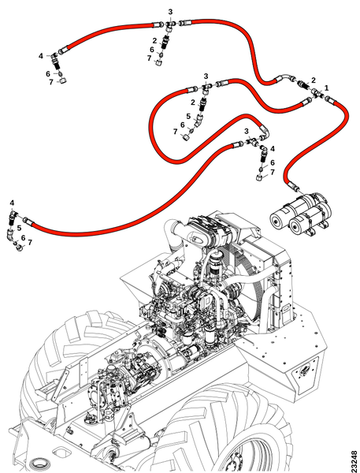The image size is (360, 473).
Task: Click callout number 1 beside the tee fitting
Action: coord(326,88)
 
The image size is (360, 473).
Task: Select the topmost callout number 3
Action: coord(170,12)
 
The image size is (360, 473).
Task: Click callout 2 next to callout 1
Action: coord(314,80)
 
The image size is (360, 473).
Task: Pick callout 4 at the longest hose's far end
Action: coord(12,203)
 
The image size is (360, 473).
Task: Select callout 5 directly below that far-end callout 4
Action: coord(19,228)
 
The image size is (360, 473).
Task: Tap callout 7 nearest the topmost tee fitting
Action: coord(149,58)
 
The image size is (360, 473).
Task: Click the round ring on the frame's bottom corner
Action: coord(39,464)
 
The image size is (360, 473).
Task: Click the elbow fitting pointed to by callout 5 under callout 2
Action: coord(199,119)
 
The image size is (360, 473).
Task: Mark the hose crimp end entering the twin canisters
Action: coord(293,186)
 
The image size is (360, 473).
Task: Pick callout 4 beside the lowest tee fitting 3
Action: coord(273,149)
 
